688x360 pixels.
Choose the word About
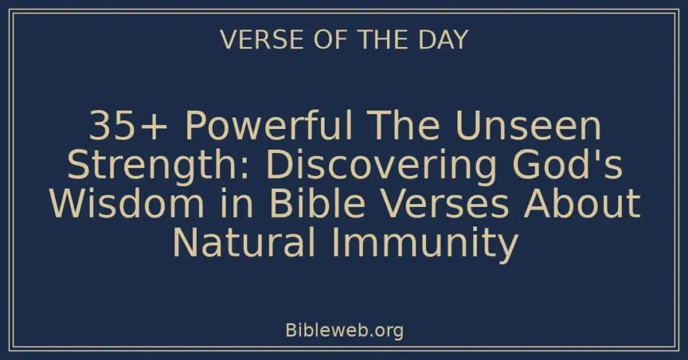pos(583,204)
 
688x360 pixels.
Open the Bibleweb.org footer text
pos(344,330)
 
